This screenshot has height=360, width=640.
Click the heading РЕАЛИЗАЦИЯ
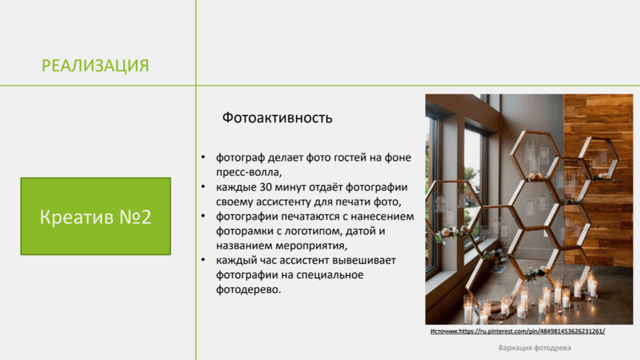96,66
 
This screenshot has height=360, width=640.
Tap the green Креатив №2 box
96,216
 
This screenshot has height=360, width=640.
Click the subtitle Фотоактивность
277,118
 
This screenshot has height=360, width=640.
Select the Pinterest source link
517,331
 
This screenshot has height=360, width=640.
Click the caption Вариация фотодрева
534,348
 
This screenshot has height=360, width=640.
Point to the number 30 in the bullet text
266,187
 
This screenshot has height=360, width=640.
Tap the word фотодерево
249,289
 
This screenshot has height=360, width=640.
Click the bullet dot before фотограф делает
203,157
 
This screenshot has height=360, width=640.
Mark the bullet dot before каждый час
203,260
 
